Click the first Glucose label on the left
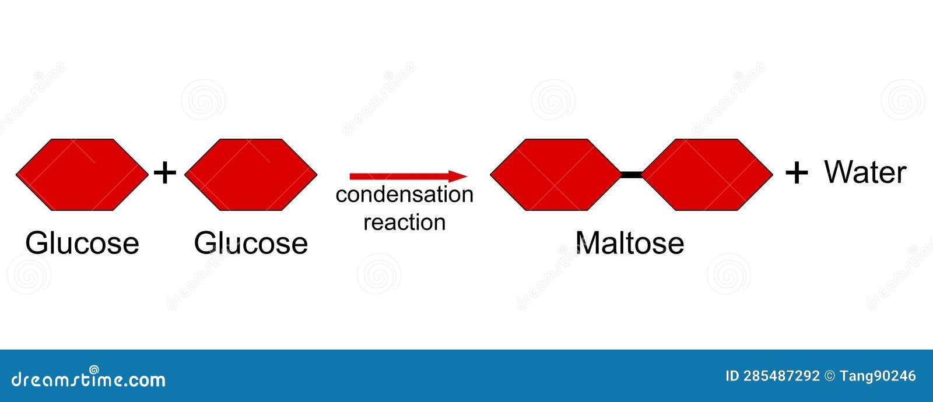tap(82, 243)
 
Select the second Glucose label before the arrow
tap(251, 243)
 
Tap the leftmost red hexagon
tap(82, 175)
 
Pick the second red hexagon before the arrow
tap(251, 175)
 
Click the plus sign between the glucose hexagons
tap(165, 173)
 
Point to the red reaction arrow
tap(402, 176)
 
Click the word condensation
tap(404, 195)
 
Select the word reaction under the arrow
tap(404, 222)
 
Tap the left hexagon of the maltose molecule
tap(556, 175)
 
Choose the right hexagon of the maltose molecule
tap(707, 175)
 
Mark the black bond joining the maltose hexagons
tap(632, 174)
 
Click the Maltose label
tap(629, 243)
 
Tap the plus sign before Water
tap(797, 173)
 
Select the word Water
tap(865, 172)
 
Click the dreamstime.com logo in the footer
tap(89, 379)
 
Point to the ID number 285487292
tap(781, 376)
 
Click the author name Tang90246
tap(878, 376)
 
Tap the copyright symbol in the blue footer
tap(830, 376)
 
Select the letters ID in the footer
tap(732, 376)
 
